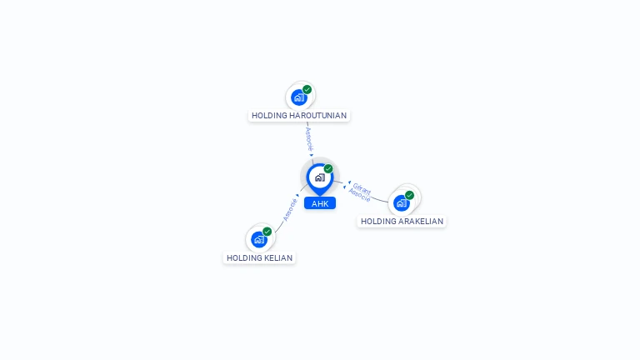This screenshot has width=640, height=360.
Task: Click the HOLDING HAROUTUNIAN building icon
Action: (299, 97)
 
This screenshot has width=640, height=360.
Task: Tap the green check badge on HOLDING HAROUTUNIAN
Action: (307, 89)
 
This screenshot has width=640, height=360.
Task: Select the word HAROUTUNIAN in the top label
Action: (317, 116)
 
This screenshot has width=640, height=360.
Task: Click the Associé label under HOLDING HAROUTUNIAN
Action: (308, 138)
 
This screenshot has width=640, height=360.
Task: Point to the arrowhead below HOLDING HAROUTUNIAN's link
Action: (312, 154)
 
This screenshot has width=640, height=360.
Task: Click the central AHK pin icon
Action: (319, 177)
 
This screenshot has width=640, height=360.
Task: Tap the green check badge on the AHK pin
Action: (328, 168)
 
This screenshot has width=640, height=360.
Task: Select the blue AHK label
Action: (320, 203)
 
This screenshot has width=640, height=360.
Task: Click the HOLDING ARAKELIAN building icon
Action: (402, 202)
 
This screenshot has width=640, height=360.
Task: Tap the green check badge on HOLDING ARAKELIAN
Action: (410, 195)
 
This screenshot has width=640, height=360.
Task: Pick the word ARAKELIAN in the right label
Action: (420, 222)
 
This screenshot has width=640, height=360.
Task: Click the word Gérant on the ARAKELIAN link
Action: (362, 187)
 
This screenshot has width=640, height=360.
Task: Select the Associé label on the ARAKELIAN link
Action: (359, 195)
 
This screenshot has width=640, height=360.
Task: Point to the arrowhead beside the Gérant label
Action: (348, 182)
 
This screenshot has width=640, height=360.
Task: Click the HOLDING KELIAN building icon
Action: (259, 239)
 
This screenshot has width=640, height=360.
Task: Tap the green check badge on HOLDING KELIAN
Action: (267, 231)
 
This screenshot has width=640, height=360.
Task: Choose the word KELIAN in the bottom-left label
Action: (278, 258)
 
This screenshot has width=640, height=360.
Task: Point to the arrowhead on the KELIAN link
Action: (297, 196)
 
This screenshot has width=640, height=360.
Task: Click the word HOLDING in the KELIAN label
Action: (244, 258)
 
